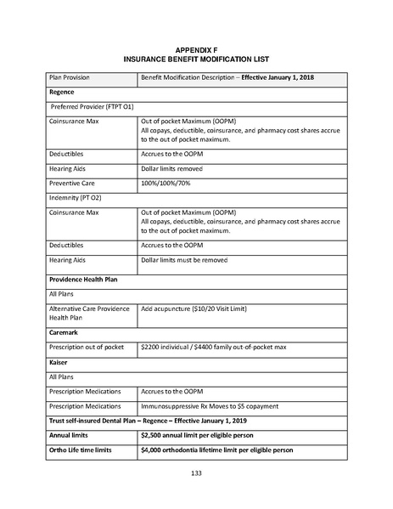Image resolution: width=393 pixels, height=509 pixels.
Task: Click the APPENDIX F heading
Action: [x=196, y=51]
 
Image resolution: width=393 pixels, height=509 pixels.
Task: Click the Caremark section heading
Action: [x=65, y=332]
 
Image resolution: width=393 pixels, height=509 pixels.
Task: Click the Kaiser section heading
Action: [x=59, y=361]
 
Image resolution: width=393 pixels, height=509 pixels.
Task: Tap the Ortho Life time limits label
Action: [x=81, y=450]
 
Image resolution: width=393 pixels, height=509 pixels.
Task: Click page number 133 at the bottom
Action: [x=196, y=472]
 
